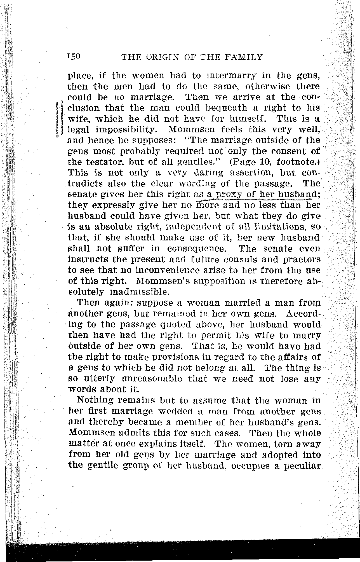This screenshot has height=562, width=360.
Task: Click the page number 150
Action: pos(74,57)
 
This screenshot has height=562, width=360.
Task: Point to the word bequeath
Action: pos(225,108)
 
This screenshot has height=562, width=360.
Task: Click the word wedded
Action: pos(175,411)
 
